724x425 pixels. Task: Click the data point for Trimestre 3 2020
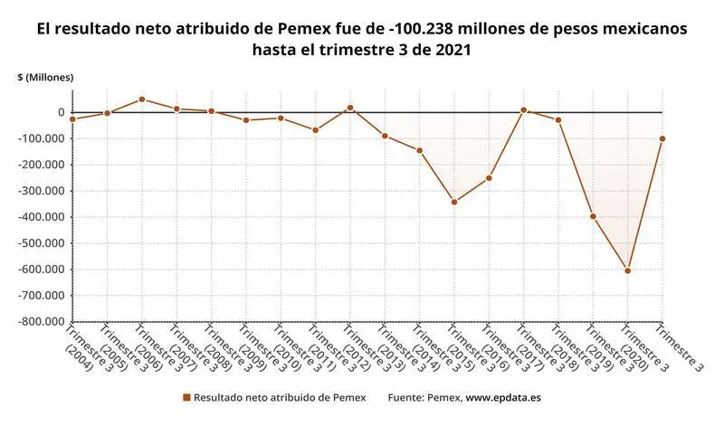point(627,270)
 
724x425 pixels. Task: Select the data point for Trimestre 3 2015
point(454,202)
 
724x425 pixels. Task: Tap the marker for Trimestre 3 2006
point(142,99)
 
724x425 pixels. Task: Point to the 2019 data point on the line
point(593,216)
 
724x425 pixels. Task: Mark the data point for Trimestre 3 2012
point(350,108)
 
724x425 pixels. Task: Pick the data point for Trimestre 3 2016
point(489,177)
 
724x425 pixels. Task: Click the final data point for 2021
point(662,138)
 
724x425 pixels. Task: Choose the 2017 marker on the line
point(523,110)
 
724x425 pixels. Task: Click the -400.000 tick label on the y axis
point(42,217)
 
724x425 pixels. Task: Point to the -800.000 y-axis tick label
point(42,321)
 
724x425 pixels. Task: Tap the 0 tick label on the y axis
point(60,112)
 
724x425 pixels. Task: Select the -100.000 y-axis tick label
point(42,138)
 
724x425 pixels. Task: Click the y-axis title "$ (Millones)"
point(45,78)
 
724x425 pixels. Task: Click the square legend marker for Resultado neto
point(186,397)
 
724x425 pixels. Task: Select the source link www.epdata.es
point(503,397)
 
